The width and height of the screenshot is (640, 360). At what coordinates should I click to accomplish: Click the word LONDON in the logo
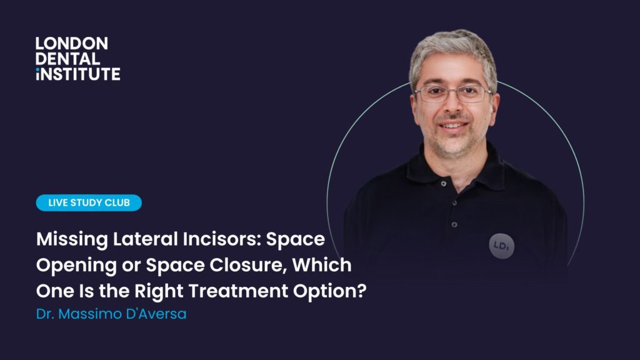pyautogui.click(x=72, y=44)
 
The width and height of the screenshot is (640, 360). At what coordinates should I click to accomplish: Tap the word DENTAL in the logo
pyautogui.click(x=67, y=59)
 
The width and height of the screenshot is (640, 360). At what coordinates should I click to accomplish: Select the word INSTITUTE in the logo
pyautogui.click(x=78, y=74)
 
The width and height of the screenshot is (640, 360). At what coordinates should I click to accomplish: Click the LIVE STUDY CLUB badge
pyautogui.click(x=89, y=202)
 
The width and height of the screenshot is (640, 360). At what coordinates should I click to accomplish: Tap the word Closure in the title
pyautogui.click(x=248, y=265)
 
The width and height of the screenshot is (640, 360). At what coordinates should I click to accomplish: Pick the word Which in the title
pyautogui.click(x=322, y=265)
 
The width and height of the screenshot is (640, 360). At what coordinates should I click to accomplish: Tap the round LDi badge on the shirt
pyautogui.click(x=502, y=246)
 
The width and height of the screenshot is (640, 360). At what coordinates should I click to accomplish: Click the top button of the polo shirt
pyautogui.click(x=444, y=184)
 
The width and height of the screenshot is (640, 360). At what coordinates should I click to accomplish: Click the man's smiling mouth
pyautogui.click(x=452, y=126)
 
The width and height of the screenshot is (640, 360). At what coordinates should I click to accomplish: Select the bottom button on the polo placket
pyautogui.click(x=454, y=224)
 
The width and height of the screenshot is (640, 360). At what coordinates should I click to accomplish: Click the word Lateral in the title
pyautogui.click(x=145, y=239)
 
